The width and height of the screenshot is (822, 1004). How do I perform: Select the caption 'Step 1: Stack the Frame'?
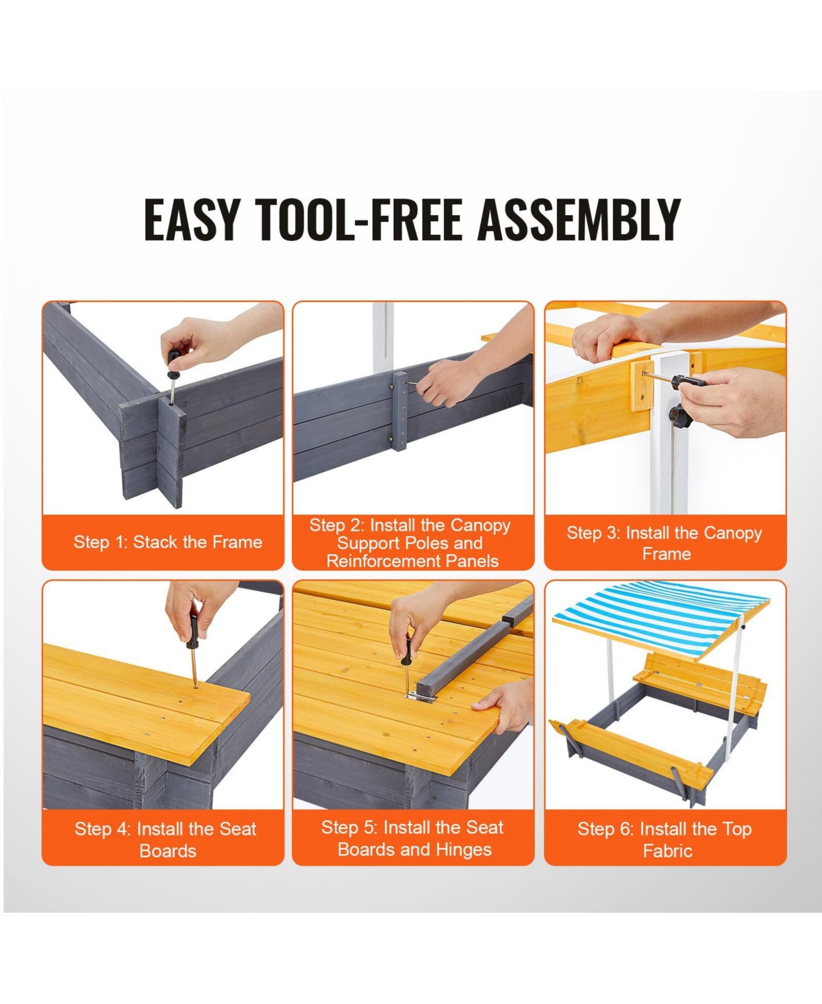pyautogui.click(x=168, y=542)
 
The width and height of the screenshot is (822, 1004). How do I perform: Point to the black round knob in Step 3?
pyautogui.click(x=680, y=417)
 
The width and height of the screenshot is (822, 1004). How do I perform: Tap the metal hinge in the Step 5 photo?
pyautogui.click(x=421, y=697)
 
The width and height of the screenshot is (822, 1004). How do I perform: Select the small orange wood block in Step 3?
pyautogui.click(x=641, y=386)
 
